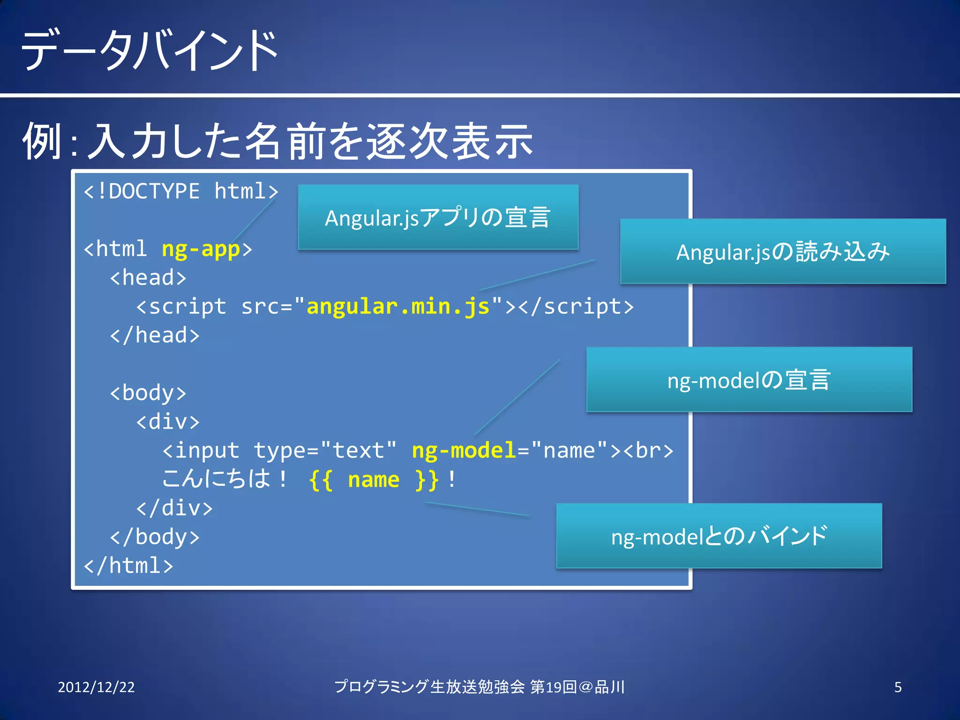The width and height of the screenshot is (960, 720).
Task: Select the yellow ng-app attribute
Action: point(200,249)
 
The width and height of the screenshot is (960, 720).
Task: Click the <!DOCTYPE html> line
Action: point(181,191)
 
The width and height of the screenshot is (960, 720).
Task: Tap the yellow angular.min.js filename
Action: point(398,307)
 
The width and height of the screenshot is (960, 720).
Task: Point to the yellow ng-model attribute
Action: point(464,450)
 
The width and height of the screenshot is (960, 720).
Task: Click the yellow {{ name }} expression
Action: point(374,480)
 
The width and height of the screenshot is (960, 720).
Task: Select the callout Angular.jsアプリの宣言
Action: point(438,217)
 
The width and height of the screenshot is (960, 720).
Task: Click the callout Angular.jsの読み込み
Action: point(783,251)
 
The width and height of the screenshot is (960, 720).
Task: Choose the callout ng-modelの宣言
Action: point(749,380)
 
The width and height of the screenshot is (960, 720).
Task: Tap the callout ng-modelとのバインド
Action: point(719,536)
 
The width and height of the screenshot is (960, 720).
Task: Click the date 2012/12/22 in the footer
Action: point(96,687)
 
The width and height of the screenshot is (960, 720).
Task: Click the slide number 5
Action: point(898,687)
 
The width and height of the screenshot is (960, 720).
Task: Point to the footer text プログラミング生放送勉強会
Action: point(429,687)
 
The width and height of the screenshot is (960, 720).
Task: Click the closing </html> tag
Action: point(128,565)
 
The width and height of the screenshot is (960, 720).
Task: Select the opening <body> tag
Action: point(148,393)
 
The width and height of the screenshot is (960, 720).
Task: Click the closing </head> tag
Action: point(155,336)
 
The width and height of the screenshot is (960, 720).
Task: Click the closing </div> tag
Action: point(174,508)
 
